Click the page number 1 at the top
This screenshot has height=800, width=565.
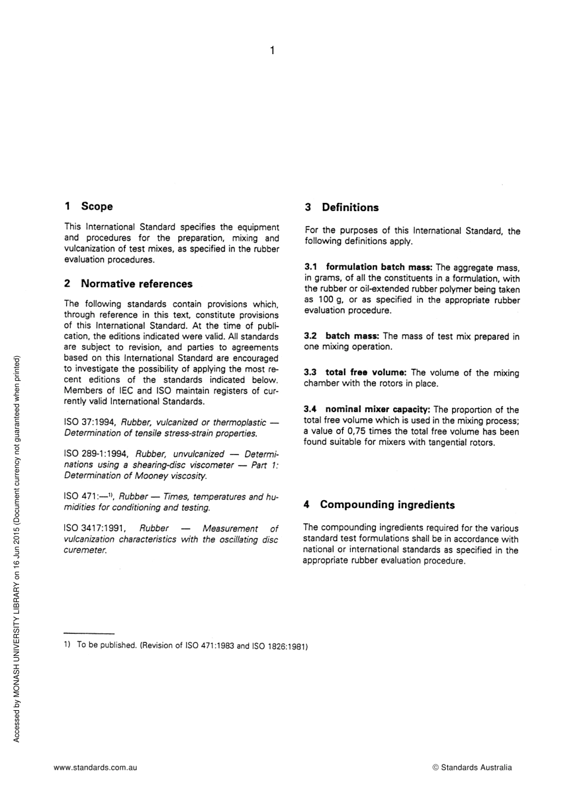272,51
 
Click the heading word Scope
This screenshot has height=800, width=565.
97,206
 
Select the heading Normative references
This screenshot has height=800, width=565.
137,284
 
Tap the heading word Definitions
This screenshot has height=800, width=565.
350,208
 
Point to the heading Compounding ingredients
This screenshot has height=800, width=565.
387,505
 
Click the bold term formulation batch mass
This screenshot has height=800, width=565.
379,267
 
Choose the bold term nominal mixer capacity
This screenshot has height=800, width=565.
378,410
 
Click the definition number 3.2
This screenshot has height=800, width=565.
310,336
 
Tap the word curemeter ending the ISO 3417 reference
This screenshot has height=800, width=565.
86,550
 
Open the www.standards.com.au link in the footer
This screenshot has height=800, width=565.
95,767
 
